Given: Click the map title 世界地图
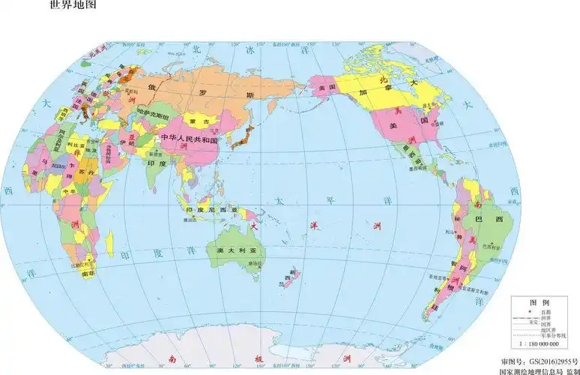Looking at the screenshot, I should coord(73,6).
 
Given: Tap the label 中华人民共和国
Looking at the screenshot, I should coord(187,140).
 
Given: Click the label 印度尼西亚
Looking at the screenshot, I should coord(211,210).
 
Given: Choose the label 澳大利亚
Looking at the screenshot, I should coord(235,249).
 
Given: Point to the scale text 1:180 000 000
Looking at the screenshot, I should coord(538,343).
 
